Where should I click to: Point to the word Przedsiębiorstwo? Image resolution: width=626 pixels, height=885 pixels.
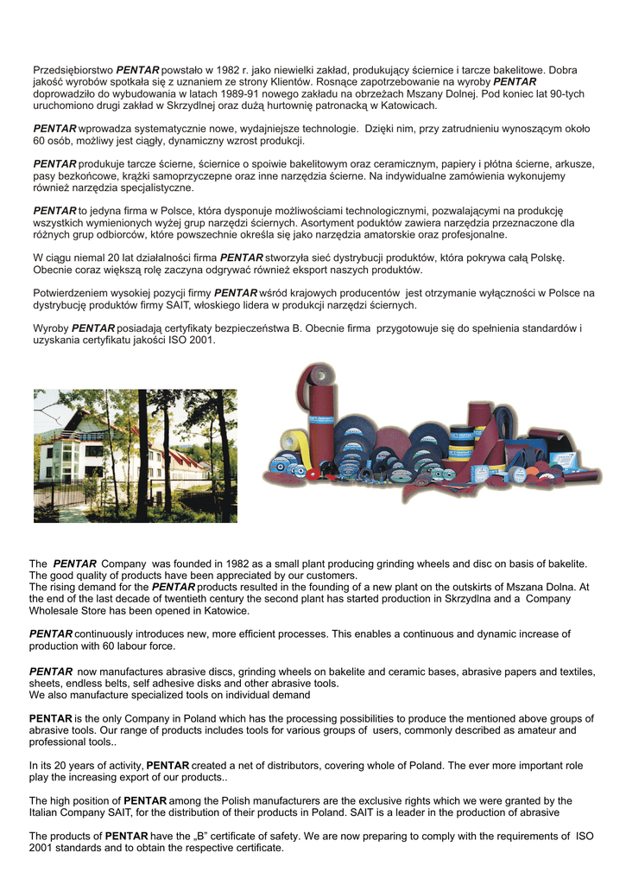(x=73, y=69)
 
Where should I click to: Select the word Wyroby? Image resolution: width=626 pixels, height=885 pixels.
(x=51, y=328)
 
